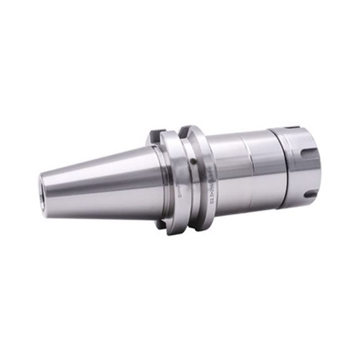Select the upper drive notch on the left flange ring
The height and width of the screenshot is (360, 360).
tap(155, 134)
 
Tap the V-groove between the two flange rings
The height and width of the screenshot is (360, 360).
tap(182, 180)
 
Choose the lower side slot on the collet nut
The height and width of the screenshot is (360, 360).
tap(310, 194)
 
